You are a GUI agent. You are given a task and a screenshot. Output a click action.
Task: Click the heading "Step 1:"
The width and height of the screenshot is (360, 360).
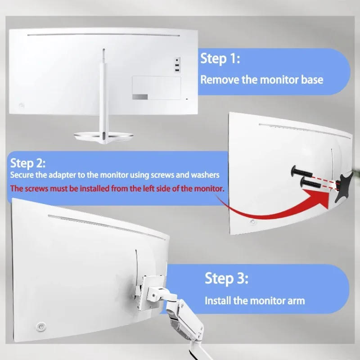[x=220, y=58]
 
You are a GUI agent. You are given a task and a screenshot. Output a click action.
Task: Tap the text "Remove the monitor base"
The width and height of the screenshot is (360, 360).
[x=261, y=80]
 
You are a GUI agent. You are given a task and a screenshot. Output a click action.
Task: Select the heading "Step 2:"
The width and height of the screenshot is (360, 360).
[x=28, y=162]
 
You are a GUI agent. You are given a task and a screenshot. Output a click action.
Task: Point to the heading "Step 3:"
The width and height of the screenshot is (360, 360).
[x=226, y=278]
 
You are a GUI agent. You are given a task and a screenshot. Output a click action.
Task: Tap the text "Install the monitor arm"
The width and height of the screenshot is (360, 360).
[x=255, y=301]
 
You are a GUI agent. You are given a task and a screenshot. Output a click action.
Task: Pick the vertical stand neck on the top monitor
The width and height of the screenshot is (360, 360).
[x=103, y=90]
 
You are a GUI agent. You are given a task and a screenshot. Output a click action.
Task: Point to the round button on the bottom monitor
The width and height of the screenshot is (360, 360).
[x=41, y=326]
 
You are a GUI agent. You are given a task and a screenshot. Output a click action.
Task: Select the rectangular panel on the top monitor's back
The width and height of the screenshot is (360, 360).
[x=156, y=88]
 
